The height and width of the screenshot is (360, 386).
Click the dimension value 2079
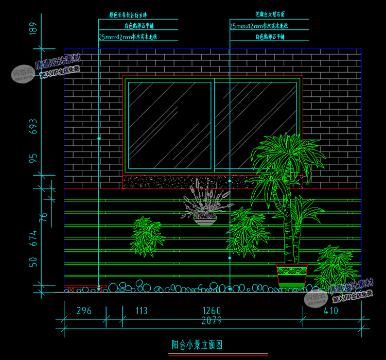pos(212,320)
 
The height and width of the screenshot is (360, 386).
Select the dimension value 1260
pos(212,311)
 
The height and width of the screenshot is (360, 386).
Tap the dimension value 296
pos(84,311)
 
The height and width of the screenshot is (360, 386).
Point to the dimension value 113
pos(141,311)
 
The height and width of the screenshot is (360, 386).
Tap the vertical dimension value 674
pos(34,237)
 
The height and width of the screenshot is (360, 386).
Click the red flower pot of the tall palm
pos(291,275)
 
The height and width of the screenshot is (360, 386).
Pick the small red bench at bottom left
pos(85,287)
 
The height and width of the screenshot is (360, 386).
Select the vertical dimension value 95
pos(34,159)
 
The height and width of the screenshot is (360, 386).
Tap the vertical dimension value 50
pos(34,262)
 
